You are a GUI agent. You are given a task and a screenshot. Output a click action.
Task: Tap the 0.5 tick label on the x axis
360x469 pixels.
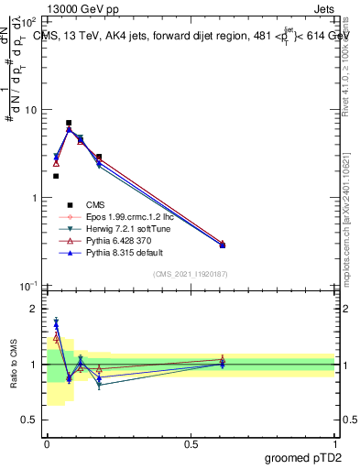(191, 443)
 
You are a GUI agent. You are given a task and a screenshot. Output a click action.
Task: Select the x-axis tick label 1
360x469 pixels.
(335, 443)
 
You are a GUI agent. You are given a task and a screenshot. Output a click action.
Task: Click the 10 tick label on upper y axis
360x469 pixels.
(29, 110)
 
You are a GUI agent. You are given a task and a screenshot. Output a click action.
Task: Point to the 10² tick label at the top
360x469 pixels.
(27, 21)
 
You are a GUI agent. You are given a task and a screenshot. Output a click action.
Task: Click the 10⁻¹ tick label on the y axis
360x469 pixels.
(27, 287)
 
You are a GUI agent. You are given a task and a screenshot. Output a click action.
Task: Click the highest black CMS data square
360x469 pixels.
(69, 123)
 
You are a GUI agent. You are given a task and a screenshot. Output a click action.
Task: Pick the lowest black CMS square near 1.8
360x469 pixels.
(56, 176)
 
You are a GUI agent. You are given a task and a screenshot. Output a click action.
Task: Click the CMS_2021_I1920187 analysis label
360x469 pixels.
(191, 274)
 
